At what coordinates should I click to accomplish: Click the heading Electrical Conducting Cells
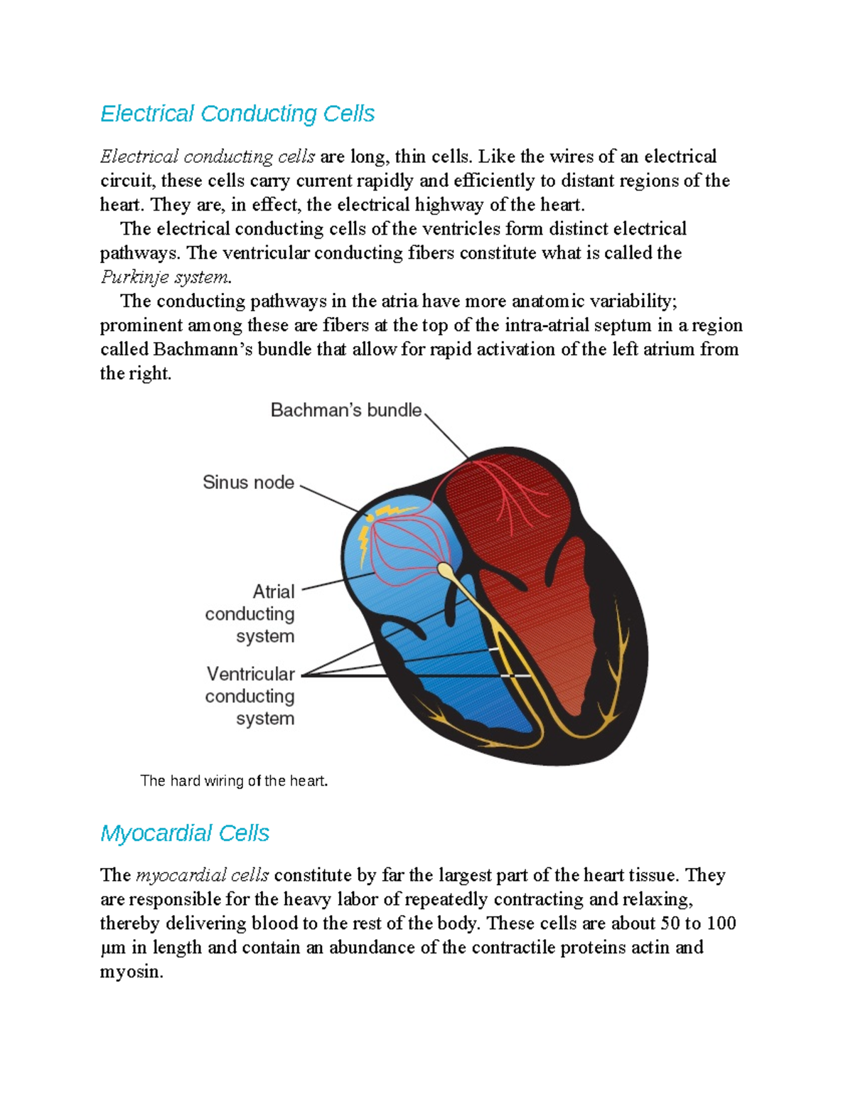237,114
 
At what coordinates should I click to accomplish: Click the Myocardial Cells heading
185,833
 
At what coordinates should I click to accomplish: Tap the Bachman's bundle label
346,410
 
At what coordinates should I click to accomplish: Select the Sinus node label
248,483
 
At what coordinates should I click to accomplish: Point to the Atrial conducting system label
250,613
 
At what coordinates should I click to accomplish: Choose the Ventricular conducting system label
250,696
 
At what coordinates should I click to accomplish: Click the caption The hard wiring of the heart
234,781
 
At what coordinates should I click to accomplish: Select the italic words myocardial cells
203,875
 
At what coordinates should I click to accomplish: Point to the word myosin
131,972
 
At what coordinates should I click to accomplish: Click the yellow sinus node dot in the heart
370,518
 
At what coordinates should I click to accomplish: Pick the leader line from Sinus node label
331,498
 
